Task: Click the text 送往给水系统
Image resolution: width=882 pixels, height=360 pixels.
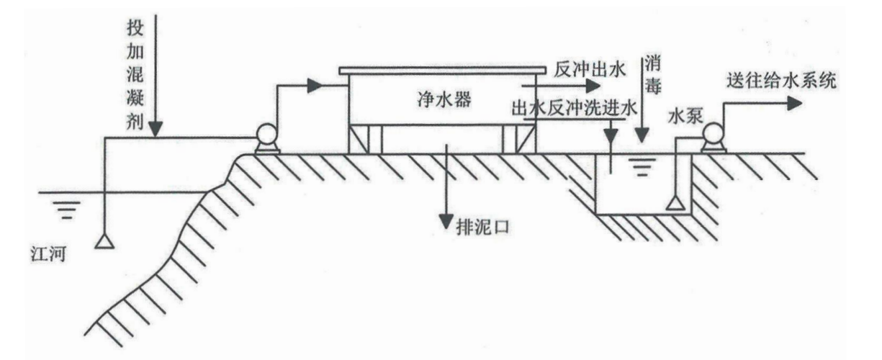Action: point(780,81)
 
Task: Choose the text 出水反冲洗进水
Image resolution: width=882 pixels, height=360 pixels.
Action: point(573,109)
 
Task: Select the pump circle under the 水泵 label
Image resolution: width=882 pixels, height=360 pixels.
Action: point(714,135)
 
